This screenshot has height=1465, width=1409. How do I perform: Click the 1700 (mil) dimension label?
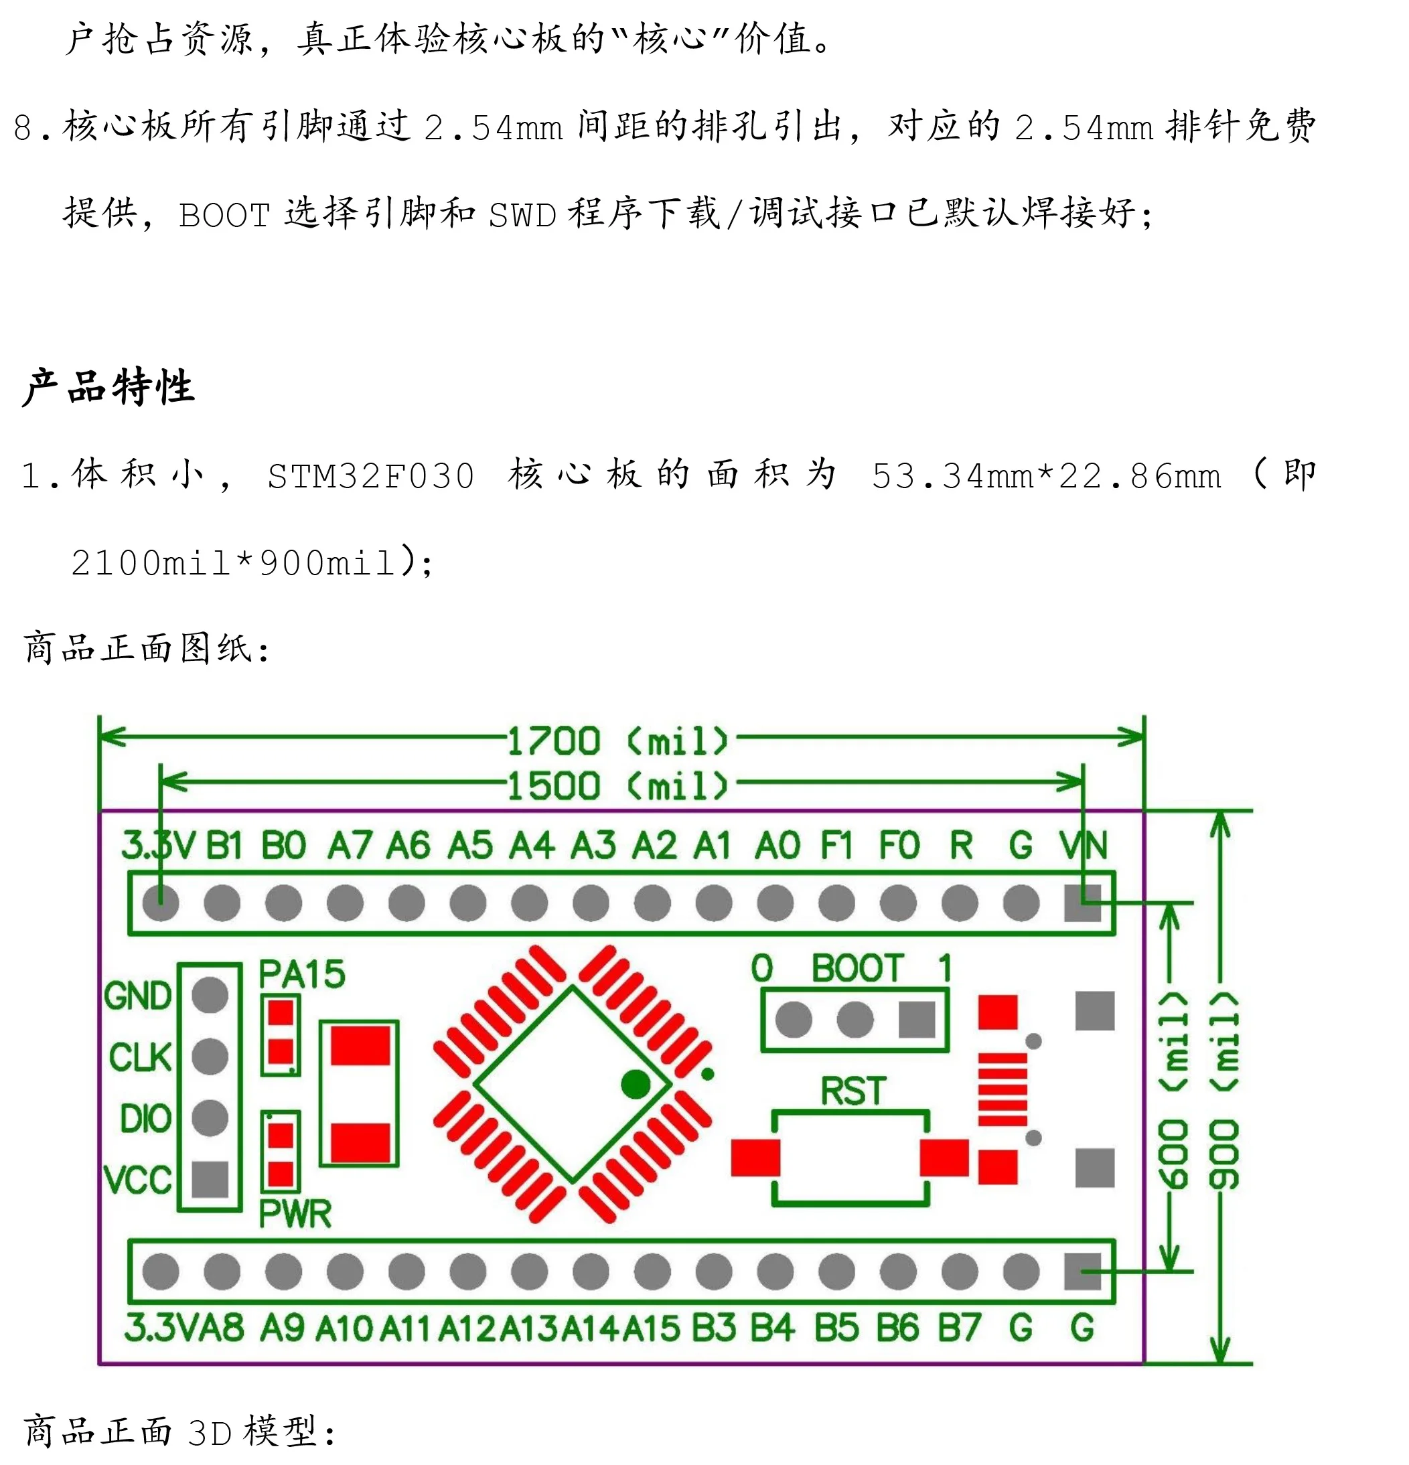[617, 741]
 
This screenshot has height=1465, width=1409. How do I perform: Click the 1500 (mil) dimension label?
[617, 785]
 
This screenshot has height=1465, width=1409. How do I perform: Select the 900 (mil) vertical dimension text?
[1224, 1091]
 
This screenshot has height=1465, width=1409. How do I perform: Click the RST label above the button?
[853, 1091]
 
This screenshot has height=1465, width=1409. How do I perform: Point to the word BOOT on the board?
[858, 969]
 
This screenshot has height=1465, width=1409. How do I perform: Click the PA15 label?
[302, 975]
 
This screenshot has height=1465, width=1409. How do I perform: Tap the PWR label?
[295, 1214]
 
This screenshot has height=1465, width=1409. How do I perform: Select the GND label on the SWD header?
[138, 996]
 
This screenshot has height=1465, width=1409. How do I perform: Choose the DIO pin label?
[146, 1119]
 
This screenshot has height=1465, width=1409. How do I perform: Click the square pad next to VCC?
[210, 1180]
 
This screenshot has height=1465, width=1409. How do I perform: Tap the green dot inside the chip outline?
[636, 1085]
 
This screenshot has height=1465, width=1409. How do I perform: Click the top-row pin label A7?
[350, 846]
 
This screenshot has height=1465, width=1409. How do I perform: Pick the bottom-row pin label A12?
[468, 1329]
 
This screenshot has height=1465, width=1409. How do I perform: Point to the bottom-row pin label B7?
[959, 1328]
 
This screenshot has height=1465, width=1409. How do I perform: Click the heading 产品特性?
[109, 386]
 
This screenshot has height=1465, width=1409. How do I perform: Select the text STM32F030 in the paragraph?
[371, 476]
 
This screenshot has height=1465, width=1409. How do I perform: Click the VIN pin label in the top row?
[1082, 846]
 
